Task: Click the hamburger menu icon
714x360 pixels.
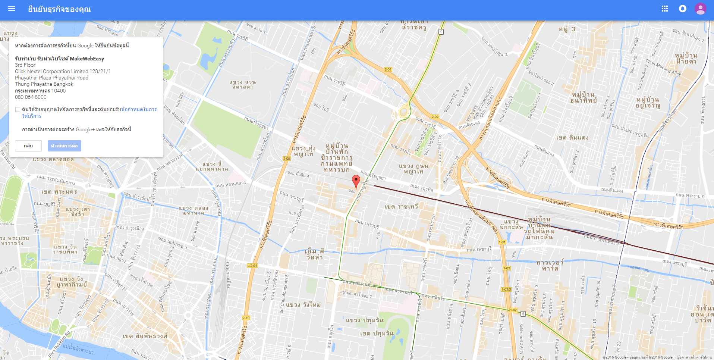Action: [12, 9]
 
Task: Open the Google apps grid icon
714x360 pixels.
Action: [664, 9]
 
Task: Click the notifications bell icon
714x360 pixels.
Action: [683, 9]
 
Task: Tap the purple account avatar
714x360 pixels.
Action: [701, 9]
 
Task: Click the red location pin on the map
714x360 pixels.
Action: [356, 181]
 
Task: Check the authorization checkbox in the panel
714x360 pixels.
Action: [18, 110]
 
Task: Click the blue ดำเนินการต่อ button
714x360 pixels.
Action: [65, 146]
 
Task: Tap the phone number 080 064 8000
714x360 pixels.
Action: [31, 97]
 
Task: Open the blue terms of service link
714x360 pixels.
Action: [139, 109]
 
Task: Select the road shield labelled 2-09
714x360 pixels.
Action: [286, 159]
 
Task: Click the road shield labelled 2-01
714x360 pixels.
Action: [388, 69]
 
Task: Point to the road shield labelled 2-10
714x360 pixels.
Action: [246, 318]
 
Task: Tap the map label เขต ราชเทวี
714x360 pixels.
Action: [401, 207]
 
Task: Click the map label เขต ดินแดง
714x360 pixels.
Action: [572, 138]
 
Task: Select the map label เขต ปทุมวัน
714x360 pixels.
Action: [377, 334]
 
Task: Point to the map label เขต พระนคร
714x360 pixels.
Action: [59, 192]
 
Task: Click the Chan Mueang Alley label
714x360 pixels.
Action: [663, 68]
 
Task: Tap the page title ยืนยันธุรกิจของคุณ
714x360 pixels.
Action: [59, 9]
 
